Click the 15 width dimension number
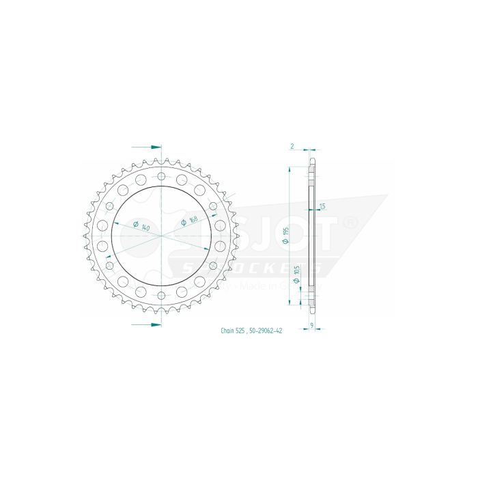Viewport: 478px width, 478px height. coord(322,206)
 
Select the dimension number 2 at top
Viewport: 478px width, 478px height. coord(292,146)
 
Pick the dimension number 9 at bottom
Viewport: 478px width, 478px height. coord(311,326)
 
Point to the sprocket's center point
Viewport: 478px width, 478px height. coord(161,236)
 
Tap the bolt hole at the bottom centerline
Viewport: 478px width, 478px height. coord(161,296)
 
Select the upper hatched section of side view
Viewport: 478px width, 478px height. coord(313,173)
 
